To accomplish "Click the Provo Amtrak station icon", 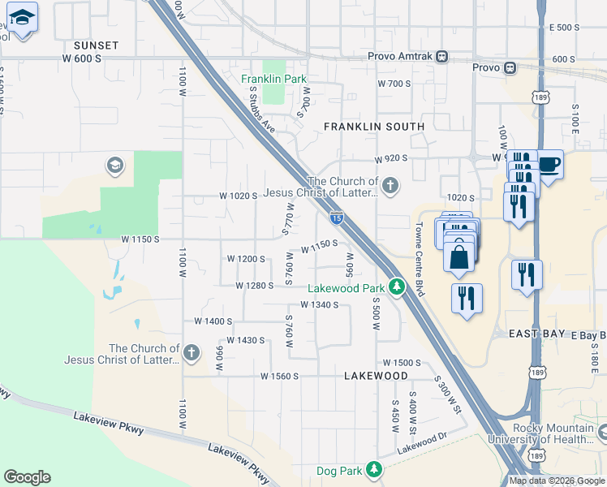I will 441,57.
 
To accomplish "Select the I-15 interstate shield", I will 336,217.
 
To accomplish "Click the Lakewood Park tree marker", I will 396,287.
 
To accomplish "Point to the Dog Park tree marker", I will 373,469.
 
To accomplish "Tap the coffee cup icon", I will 549,165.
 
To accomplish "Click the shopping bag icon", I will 459,256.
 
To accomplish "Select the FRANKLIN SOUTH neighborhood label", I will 374,127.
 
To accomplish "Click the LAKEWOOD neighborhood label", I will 376,377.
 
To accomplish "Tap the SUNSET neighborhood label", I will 96,45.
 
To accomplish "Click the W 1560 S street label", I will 280,377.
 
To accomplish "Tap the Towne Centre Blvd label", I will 420,258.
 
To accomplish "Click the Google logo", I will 27,477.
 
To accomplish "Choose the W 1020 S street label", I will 238,196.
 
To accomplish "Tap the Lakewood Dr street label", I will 422,446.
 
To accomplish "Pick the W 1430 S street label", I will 246,340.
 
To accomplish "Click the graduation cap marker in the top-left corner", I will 23,18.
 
